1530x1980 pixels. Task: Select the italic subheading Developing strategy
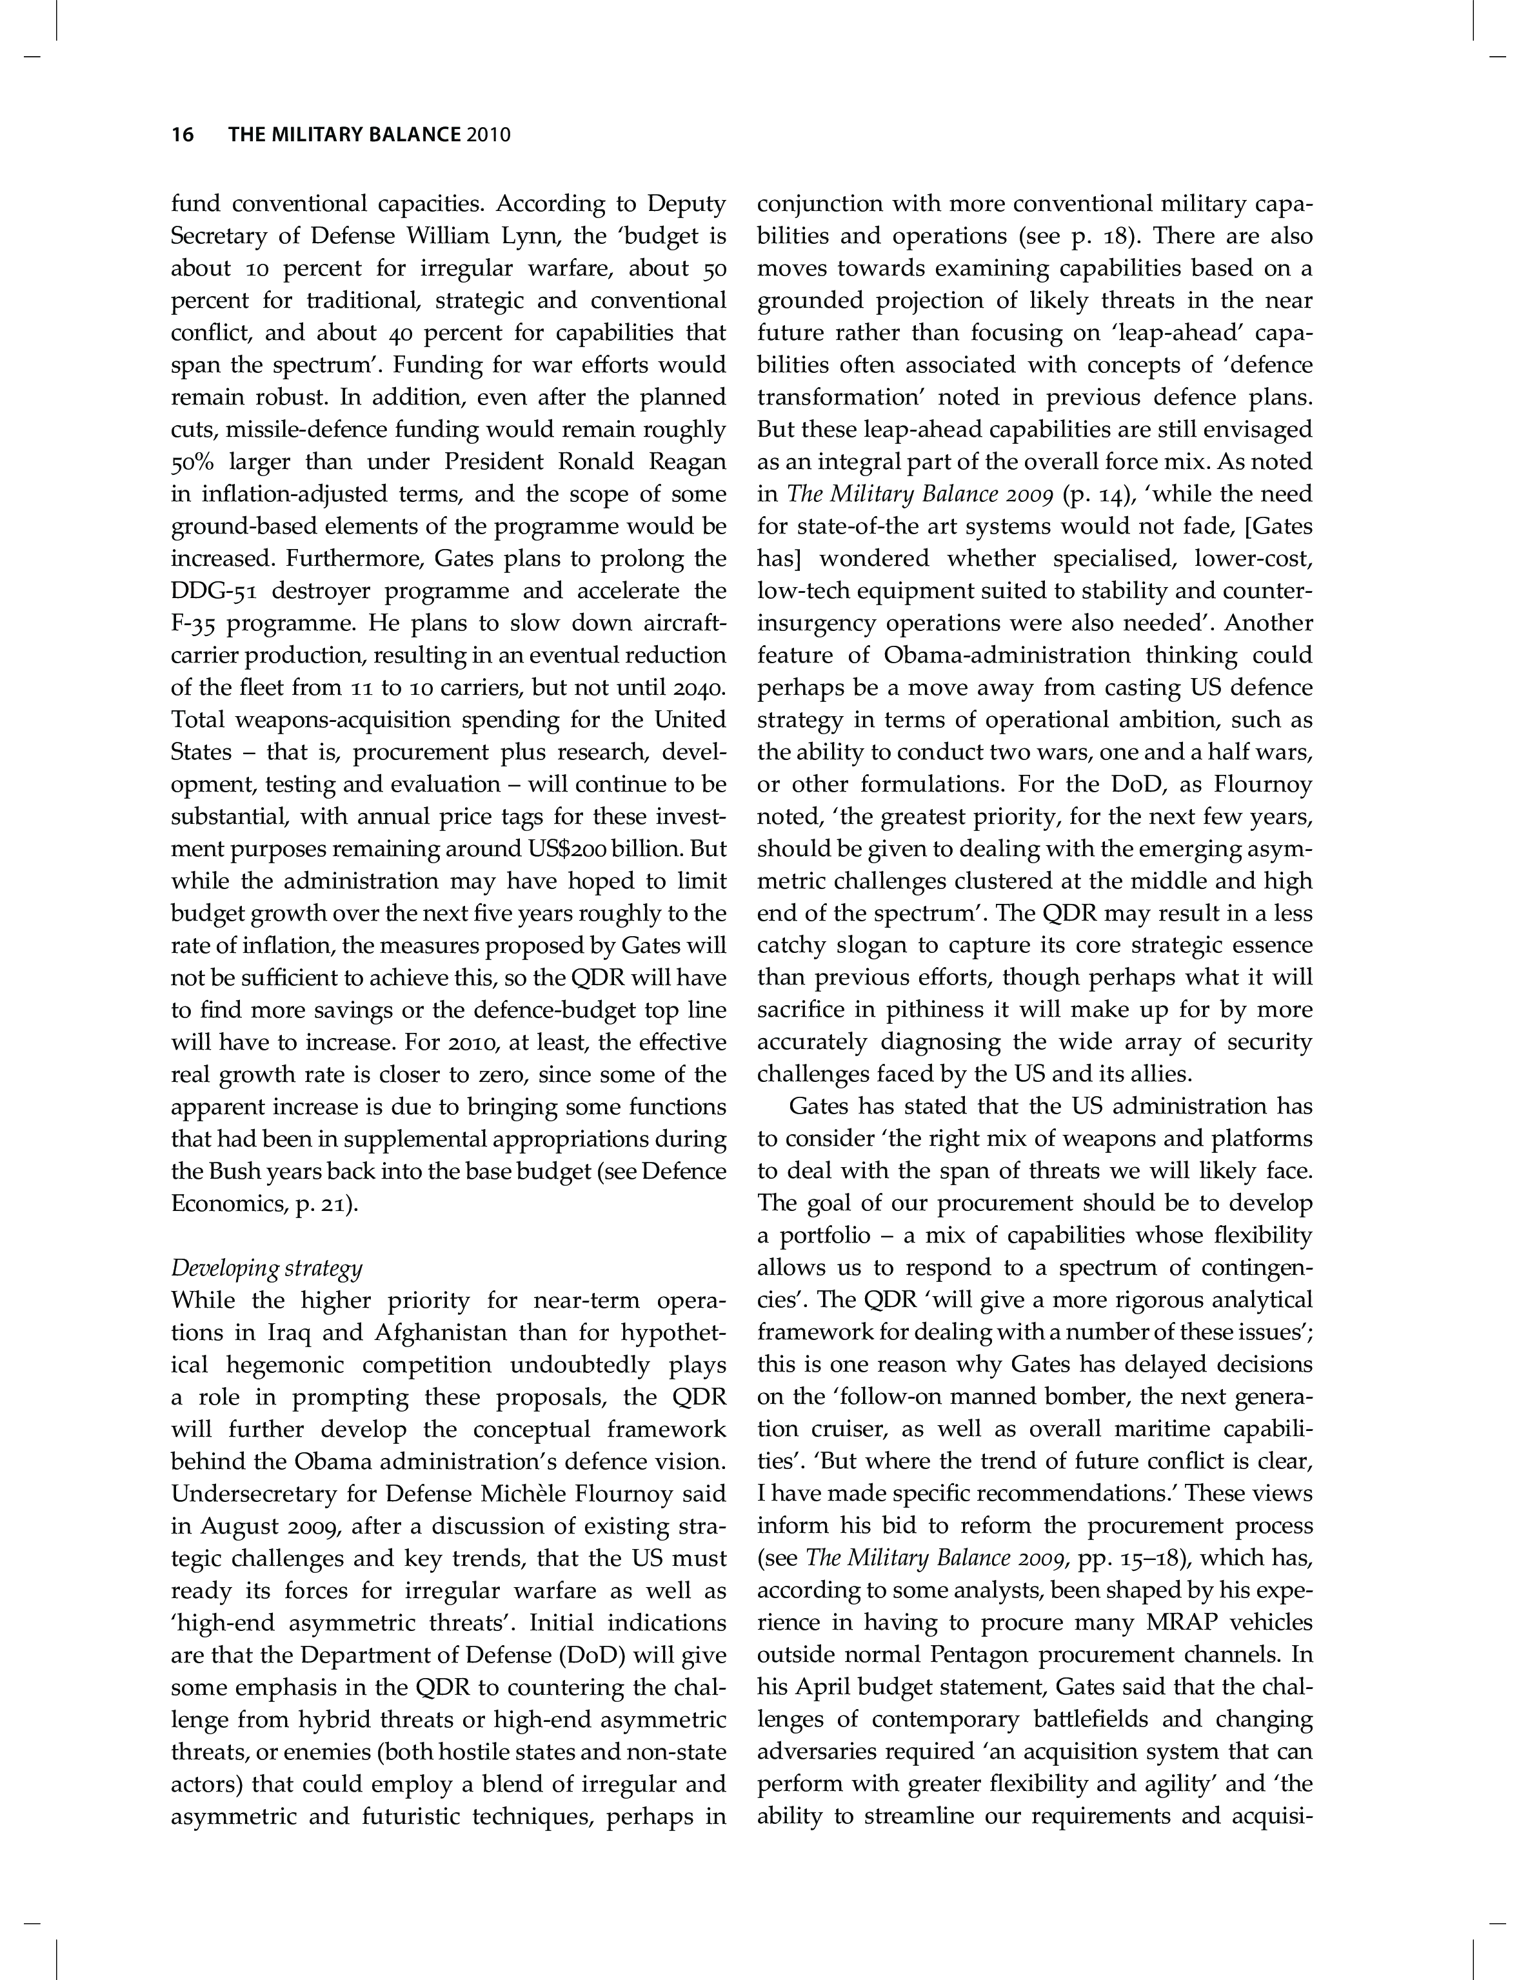pos(266,1267)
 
